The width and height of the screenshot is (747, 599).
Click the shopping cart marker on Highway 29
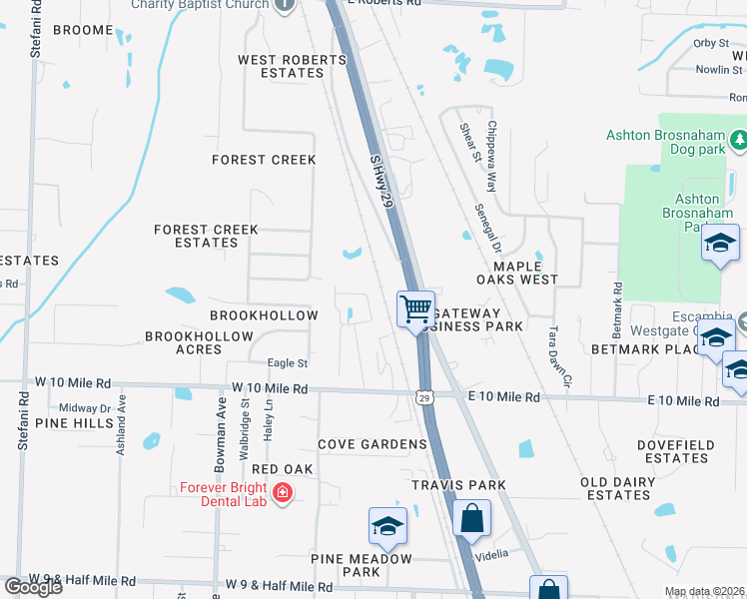click(415, 307)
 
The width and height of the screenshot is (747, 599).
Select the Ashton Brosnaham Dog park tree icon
click(739, 141)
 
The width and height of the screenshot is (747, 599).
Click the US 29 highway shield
click(424, 396)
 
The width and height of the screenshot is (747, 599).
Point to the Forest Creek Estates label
click(206, 236)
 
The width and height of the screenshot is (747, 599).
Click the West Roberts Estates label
click(292, 67)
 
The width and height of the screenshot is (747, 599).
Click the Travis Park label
click(458, 485)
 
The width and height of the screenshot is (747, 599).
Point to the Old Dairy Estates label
click(618, 488)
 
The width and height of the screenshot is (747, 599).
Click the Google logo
click(33, 586)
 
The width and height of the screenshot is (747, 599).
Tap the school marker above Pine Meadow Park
click(387, 525)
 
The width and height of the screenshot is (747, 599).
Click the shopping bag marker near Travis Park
click(471, 518)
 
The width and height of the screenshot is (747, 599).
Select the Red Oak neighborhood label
click(283, 469)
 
